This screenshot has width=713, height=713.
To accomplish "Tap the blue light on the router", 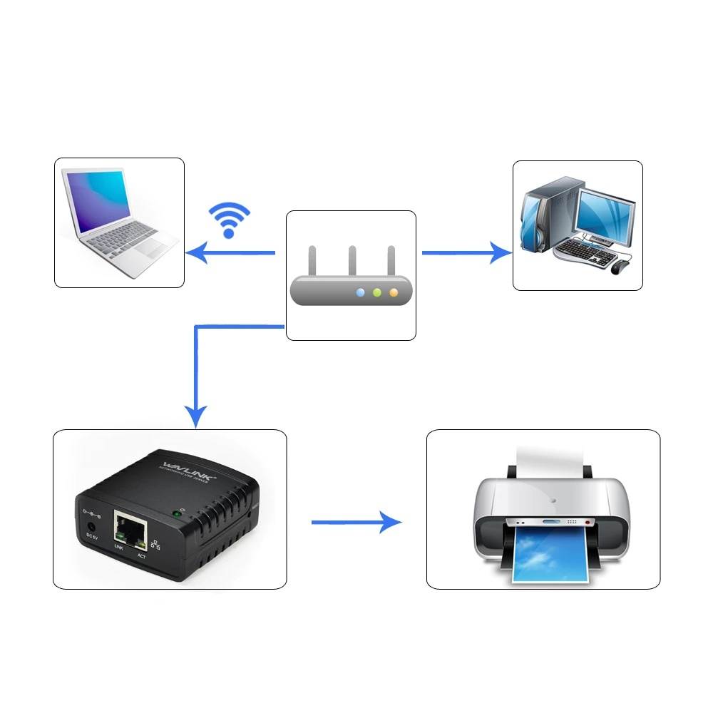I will (x=361, y=292).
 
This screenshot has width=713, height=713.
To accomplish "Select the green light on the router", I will (x=377, y=292).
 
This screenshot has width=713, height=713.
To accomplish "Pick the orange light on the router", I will (x=393, y=292).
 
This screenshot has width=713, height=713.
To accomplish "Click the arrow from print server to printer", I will (x=356, y=522).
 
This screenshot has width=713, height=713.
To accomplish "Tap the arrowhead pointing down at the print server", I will (x=196, y=416).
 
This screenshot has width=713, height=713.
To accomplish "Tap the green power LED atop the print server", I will (x=175, y=513).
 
